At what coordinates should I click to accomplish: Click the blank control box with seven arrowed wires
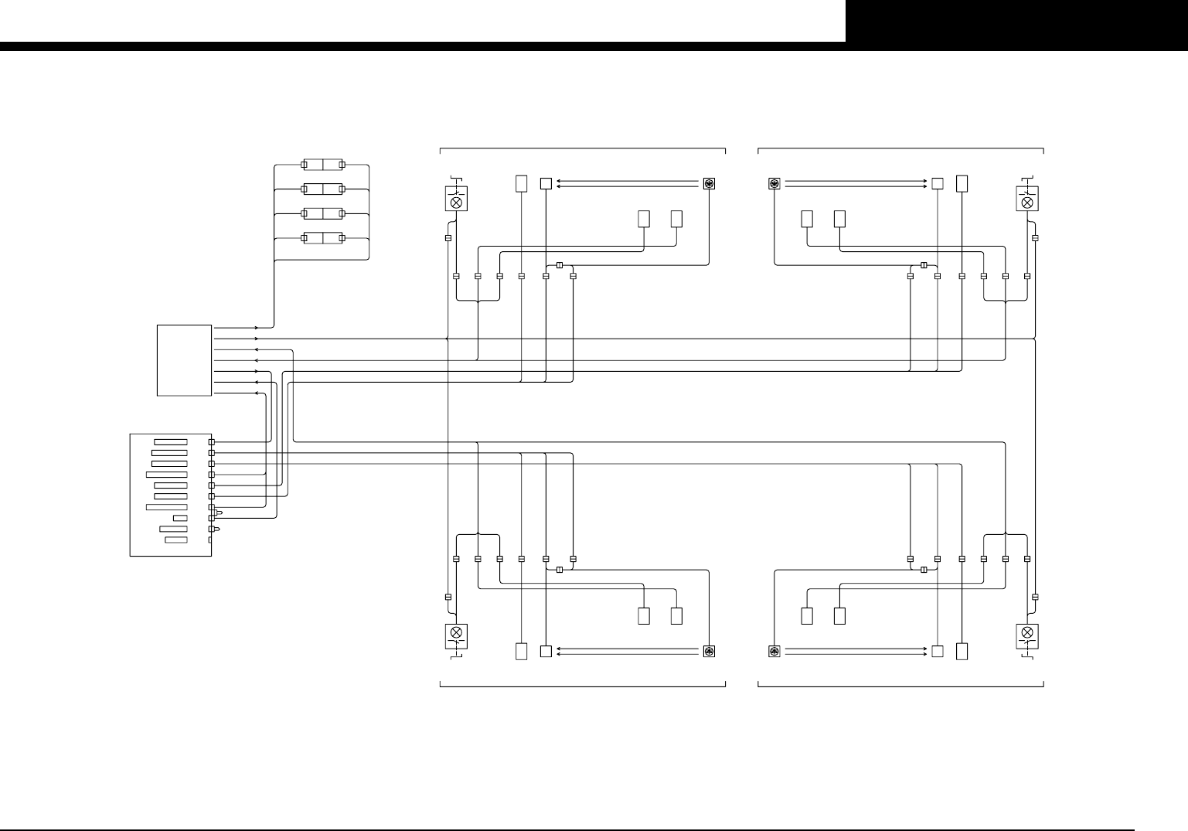[x=185, y=360]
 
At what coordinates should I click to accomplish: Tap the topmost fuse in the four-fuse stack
[x=322, y=165]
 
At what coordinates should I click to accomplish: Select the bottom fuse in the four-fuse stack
[x=322, y=237]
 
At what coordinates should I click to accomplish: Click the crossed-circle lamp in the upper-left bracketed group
[x=457, y=203]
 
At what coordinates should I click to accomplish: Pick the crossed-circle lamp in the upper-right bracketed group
[x=1027, y=203]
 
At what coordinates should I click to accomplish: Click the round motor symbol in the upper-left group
[x=708, y=184]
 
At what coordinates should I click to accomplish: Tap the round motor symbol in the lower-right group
[x=774, y=652]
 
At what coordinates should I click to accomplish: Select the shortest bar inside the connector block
[x=180, y=518]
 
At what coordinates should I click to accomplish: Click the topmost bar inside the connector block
[x=170, y=441]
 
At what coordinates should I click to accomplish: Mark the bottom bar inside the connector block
[x=176, y=540]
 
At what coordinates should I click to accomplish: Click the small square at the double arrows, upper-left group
[x=546, y=184]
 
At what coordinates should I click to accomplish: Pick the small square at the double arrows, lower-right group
[x=938, y=652]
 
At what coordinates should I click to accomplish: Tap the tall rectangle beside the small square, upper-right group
[x=962, y=184]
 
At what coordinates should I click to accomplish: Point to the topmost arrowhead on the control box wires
[x=257, y=328]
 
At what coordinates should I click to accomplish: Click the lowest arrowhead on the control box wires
[x=257, y=393]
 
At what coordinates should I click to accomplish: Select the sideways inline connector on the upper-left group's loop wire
[x=559, y=265]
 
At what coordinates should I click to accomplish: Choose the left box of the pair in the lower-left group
[x=644, y=616]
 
